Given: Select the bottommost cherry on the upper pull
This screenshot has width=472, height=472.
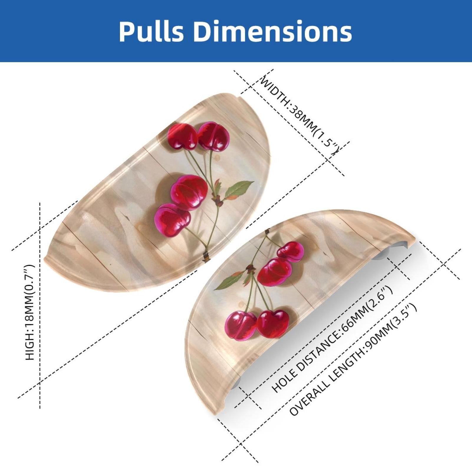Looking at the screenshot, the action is tap(172, 220).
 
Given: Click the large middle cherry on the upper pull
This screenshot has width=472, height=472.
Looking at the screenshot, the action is tap(189, 192).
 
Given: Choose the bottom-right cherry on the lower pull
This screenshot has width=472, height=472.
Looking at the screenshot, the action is tap(273, 324).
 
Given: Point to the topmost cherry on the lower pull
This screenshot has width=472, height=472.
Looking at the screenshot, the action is tap(291, 251).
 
